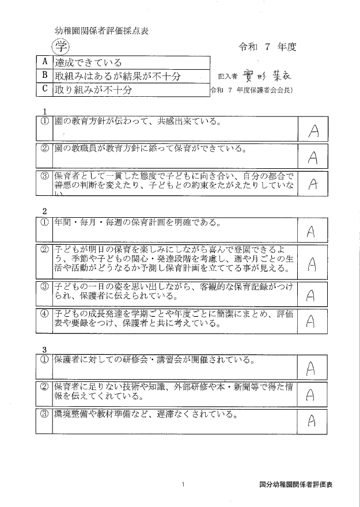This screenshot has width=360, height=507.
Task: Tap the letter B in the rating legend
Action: pos(44,75)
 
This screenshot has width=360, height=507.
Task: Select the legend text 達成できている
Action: pos(88,62)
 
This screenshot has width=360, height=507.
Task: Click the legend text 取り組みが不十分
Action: pos(93,89)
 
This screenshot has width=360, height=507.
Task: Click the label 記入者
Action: pos(228,77)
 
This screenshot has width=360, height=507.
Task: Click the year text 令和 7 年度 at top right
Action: pos(268,47)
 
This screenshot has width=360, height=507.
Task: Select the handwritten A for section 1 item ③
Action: pos(313,184)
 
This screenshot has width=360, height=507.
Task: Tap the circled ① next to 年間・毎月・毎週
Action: pos(44,222)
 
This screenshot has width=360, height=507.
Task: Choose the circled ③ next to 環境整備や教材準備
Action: pos(44,414)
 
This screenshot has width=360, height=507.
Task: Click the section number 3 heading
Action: pos(44,349)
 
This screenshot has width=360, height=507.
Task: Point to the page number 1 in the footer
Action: pos(182,485)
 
